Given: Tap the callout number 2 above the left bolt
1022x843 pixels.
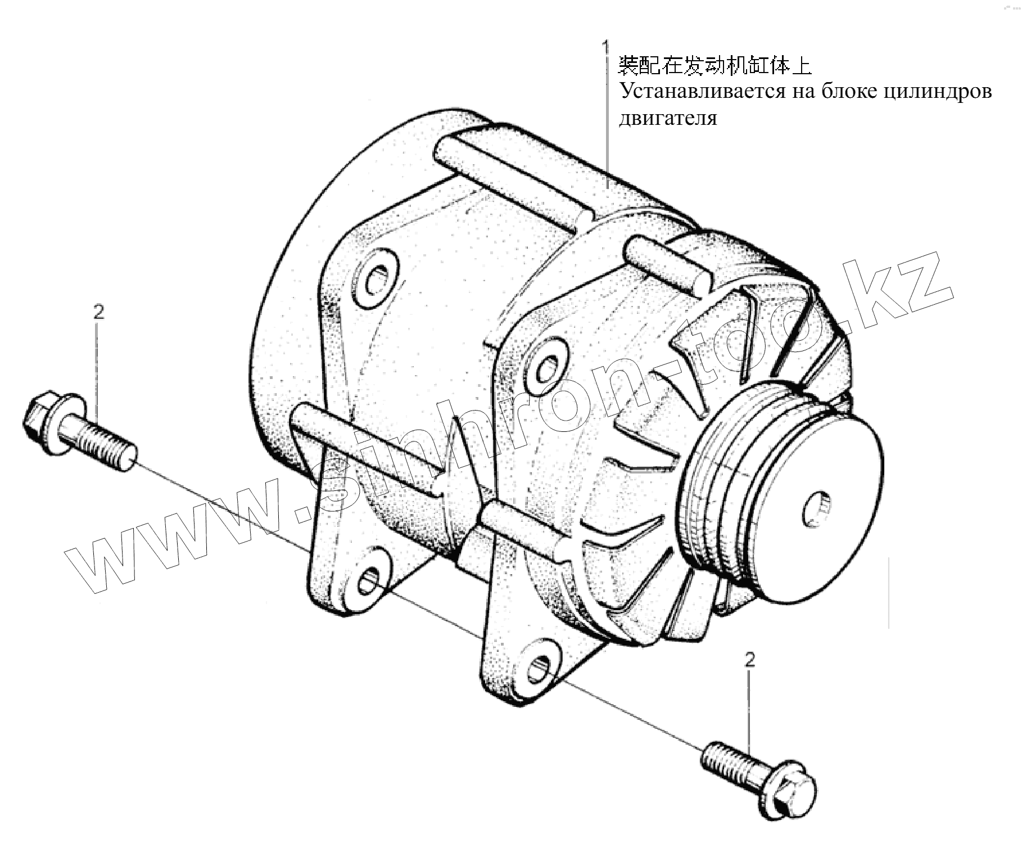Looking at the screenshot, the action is pos(98,312).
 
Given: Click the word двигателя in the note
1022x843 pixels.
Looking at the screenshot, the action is pos(668,118).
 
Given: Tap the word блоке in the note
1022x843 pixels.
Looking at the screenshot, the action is pos(845,91).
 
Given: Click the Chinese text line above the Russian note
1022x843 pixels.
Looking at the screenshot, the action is pos(715,66).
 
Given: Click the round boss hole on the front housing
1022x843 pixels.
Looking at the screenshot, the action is pos(545,368).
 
